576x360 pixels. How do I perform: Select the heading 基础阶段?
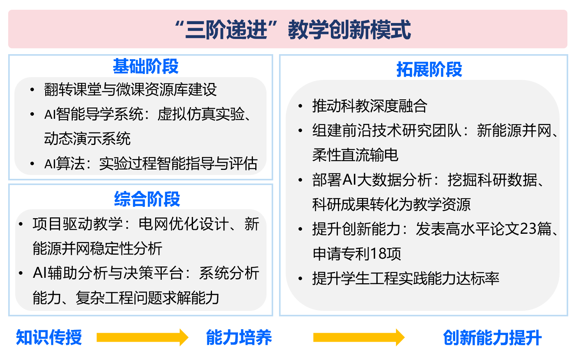[145, 66]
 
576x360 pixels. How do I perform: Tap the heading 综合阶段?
[147, 199]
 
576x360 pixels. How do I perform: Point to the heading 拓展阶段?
[429, 69]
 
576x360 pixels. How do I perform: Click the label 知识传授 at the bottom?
[49, 337]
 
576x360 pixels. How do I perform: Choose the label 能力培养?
[239, 337]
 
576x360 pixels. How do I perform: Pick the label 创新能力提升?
[492, 338]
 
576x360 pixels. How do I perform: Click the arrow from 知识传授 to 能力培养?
[143, 337]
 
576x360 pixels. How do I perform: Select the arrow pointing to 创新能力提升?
[359, 337]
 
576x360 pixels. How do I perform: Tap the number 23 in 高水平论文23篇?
[528, 229]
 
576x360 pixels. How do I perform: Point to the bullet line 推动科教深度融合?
[369, 106]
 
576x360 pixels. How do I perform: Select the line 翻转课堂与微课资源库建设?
[131, 90]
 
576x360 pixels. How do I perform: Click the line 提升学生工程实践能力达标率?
[406, 278]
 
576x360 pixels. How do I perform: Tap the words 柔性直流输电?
[355, 155]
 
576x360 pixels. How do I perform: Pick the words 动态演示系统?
[87, 139]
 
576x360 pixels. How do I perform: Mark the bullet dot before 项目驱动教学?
[21, 224]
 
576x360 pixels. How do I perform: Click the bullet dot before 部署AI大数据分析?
[300, 180]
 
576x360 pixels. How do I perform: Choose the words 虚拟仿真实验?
[201, 114]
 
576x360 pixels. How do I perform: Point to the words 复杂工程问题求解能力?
[147, 298]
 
